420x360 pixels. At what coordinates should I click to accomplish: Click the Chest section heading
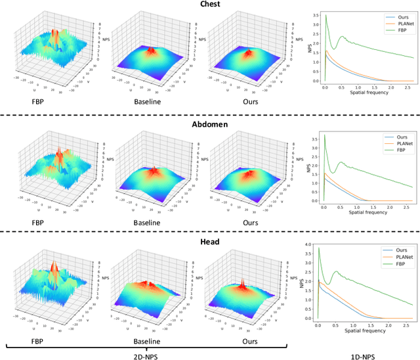209,5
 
